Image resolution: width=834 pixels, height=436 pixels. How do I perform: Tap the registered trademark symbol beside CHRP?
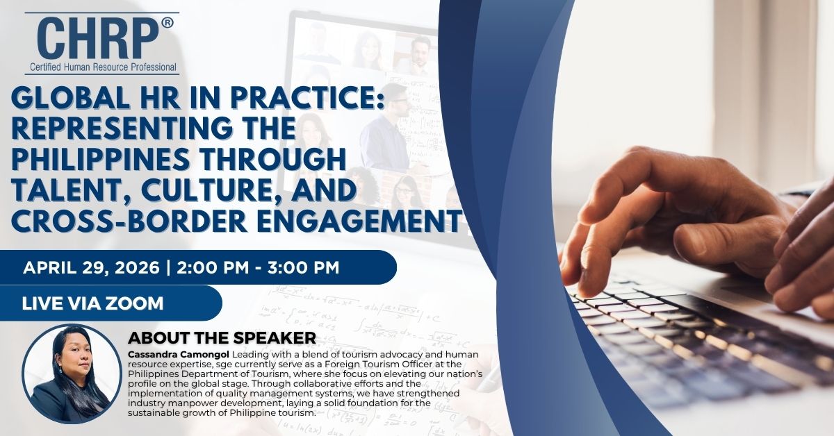pos(167,24)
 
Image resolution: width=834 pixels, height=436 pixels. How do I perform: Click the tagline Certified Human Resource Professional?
pos(104,67)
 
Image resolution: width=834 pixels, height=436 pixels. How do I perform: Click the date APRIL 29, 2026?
pos(90,267)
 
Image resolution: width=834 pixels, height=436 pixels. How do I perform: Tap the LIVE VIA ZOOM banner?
pos(93,303)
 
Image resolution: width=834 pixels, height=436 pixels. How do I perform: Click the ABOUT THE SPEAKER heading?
pos(222,338)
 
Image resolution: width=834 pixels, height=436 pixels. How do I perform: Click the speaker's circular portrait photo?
pos(70,374)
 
